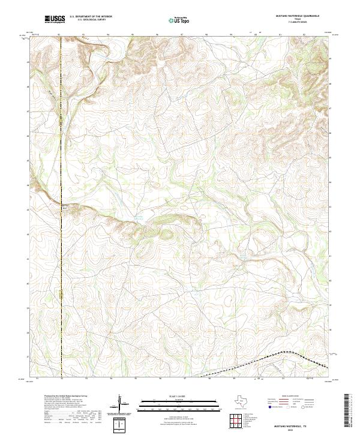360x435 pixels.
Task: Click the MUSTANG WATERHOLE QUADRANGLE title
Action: coord(298,16)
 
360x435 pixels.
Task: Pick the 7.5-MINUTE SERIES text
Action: coord(298,22)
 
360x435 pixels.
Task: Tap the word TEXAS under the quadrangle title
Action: coord(298,19)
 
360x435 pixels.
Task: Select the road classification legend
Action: coord(296,402)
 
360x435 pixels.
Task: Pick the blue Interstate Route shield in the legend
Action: coord(269,407)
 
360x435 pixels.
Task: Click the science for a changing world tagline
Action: coord(55,23)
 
